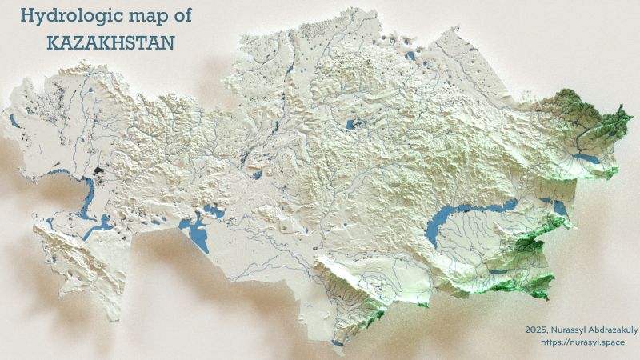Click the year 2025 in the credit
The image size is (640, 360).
click(x=538, y=329)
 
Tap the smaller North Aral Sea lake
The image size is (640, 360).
click(x=212, y=212)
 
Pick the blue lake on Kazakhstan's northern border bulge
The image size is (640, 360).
click(x=410, y=56)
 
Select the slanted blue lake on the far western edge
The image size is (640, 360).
click(x=15, y=122)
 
